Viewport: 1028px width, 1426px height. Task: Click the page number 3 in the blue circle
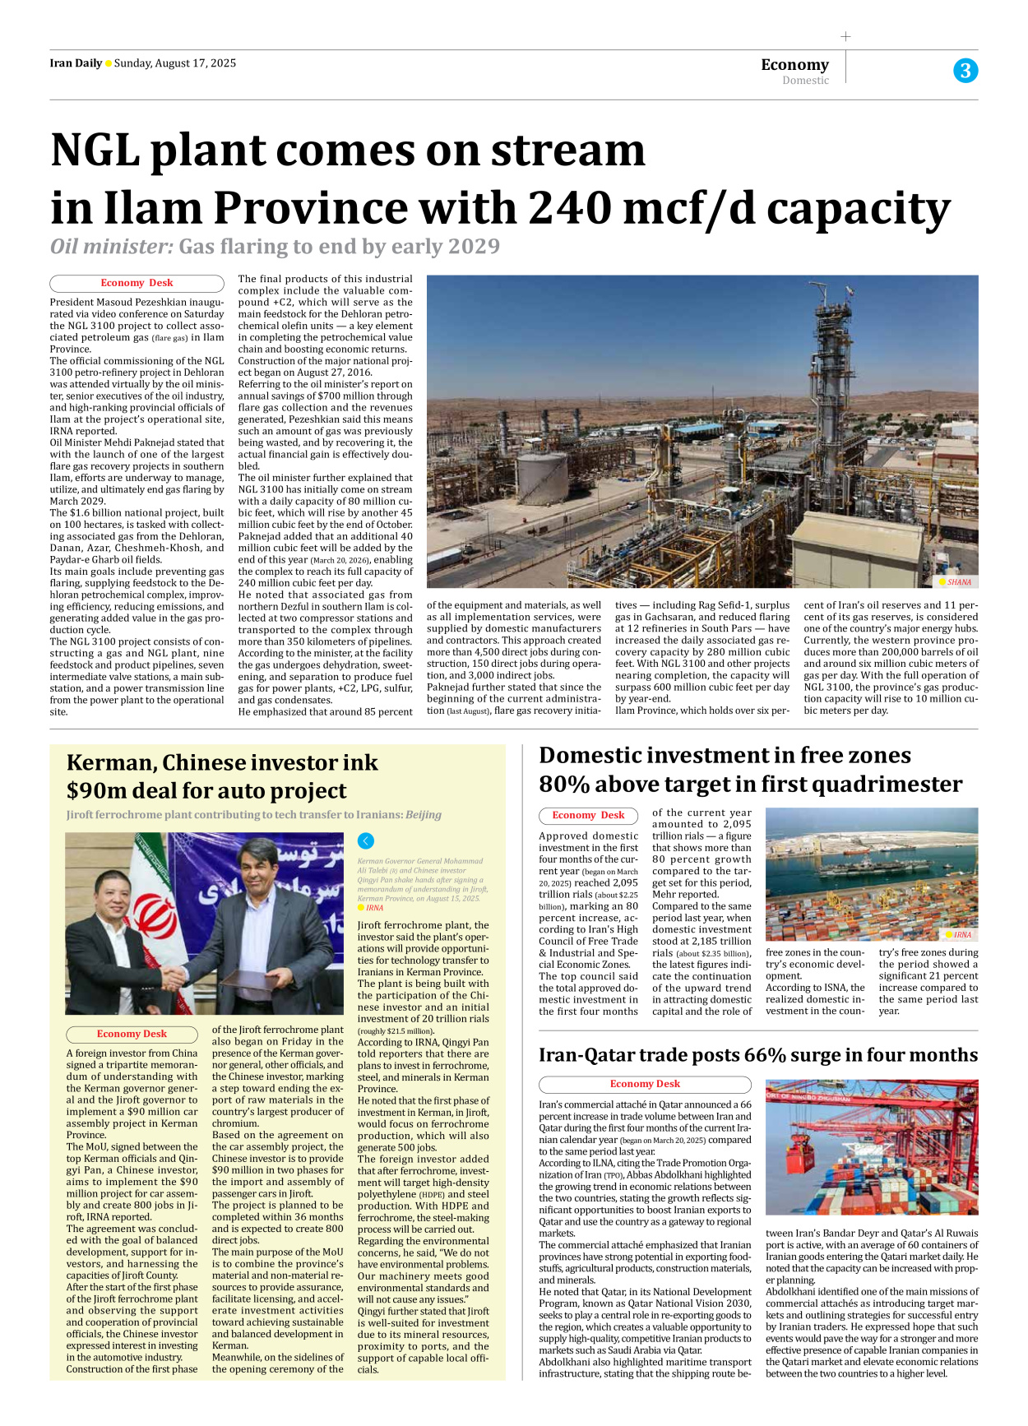(x=965, y=71)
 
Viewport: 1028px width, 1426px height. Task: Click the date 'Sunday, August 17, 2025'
(x=175, y=63)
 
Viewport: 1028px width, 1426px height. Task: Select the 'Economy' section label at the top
(x=794, y=64)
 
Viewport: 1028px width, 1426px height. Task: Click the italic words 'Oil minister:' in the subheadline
(x=111, y=247)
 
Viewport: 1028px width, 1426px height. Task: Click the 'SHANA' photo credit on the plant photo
(x=959, y=582)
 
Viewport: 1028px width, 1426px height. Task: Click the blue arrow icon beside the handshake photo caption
(x=366, y=840)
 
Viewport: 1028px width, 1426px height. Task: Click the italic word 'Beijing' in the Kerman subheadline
(x=423, y=815)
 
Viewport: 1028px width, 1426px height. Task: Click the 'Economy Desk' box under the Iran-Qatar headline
(x=645, y=1084)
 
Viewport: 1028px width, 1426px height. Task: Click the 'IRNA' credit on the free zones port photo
(x=961, y=935)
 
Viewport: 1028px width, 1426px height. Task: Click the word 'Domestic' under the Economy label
(x=805, y=81)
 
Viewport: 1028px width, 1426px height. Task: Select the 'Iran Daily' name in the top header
(x=76, y=63)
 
